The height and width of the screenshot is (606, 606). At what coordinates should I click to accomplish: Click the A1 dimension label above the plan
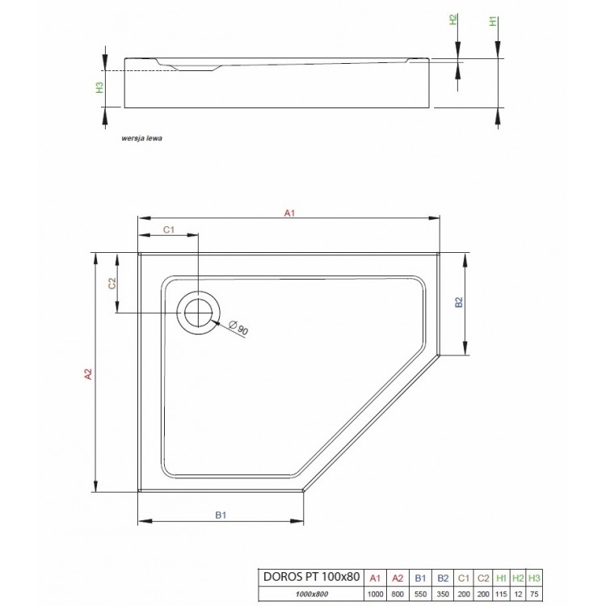pyautogui.click(x=288, y=213)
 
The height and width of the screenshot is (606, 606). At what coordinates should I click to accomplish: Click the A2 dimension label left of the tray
pyautogui.click(x=90, y=373)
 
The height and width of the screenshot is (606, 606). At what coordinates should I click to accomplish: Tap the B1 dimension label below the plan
pyautogui.click(x=219, y=513)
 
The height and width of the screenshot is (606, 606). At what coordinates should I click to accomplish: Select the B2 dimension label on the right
pyautogui.click(x=457, y=303)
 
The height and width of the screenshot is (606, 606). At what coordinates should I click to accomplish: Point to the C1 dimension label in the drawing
pyautogui.click(x=170, y=230)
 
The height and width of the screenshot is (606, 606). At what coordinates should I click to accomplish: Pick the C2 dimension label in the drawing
pyautogui.click(x=113, y=283)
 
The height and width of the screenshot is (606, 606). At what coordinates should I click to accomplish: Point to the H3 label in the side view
pyautogui.click(x=99, y=88)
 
